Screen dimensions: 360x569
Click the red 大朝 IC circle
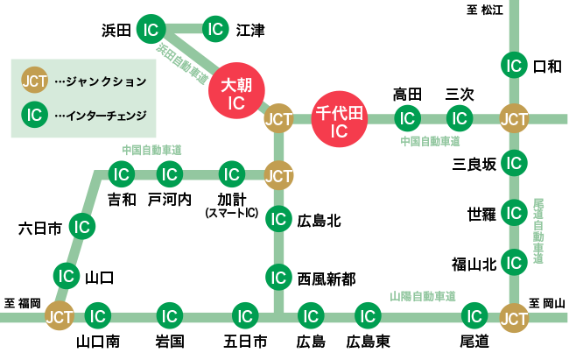[235, 94]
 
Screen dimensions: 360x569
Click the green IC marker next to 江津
[215, 31]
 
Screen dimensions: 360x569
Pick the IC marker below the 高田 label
[405, 117]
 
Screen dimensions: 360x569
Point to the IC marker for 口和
[514, 65]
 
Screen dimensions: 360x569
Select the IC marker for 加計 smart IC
[231, 174]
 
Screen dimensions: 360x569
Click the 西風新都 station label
[326, 279]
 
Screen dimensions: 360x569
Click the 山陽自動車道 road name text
[423, 296]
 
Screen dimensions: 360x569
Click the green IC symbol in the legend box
[35, 114]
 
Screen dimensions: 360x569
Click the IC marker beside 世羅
[514, 213]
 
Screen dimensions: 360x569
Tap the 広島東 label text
[368, 341]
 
